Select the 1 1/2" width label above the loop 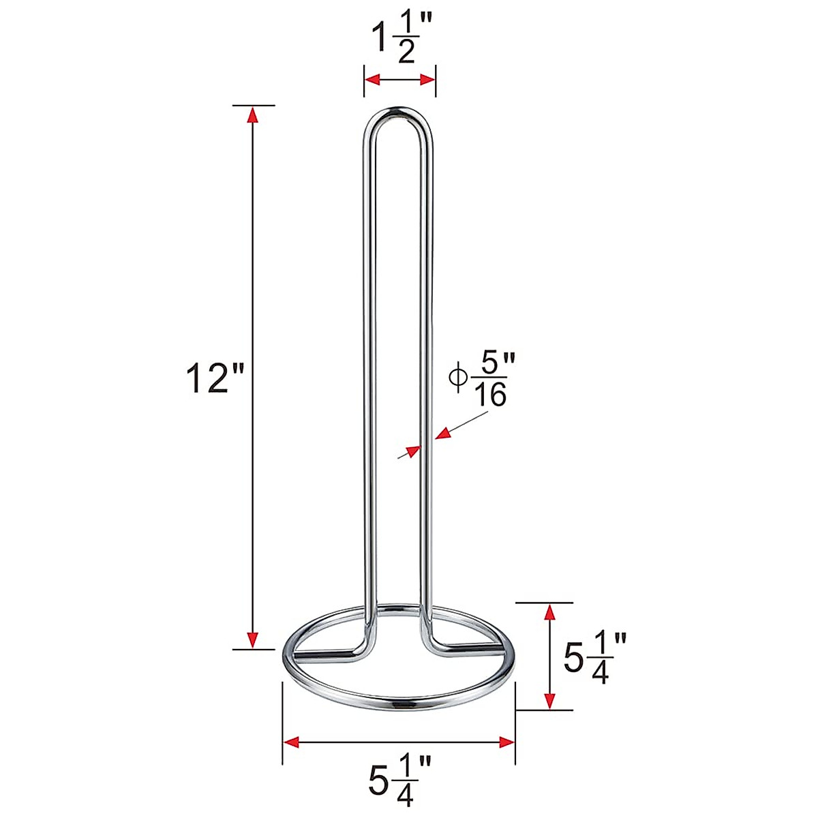click(399, 41)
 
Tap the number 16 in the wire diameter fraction click(490, 396)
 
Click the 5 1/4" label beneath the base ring click(400, 778)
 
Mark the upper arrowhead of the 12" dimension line click(253, 114)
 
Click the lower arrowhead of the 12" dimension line click(253, 641)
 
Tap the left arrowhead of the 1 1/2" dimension click(372, 80)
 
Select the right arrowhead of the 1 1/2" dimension click(427, 80)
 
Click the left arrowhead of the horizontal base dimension click(291, 742)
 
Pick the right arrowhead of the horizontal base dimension click(506, 742)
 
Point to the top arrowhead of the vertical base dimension click(547, 611)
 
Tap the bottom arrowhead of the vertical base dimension click(547, 701)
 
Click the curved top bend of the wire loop click(399, 111)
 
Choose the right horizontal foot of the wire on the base click(470, 645)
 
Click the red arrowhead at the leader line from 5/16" click(443, 433)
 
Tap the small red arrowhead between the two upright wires click(412, 451)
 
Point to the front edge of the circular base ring click(399, 701)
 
